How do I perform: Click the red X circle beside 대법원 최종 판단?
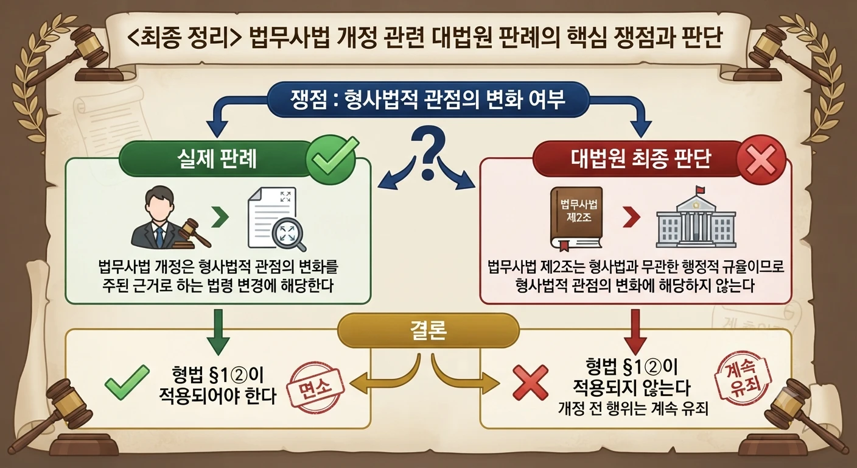click(x=761, y=160)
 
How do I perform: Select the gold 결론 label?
click(x=428, y=330)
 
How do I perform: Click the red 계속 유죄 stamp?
click(x=743, y=378)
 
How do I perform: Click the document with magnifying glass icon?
click(x=276, y=219)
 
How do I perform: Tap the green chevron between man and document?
click(x=220, y=217)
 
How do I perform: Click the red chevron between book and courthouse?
click(x=631, y=217)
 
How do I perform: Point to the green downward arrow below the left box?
click(x=218, y=333)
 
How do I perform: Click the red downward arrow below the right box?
click(x=635, y=333)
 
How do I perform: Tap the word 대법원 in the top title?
click(x=458, y=37)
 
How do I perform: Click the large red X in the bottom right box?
click(x=530, y=383)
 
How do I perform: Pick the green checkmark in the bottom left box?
click(x=127, y=382)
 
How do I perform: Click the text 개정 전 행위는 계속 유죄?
click(x=633, y=408)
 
